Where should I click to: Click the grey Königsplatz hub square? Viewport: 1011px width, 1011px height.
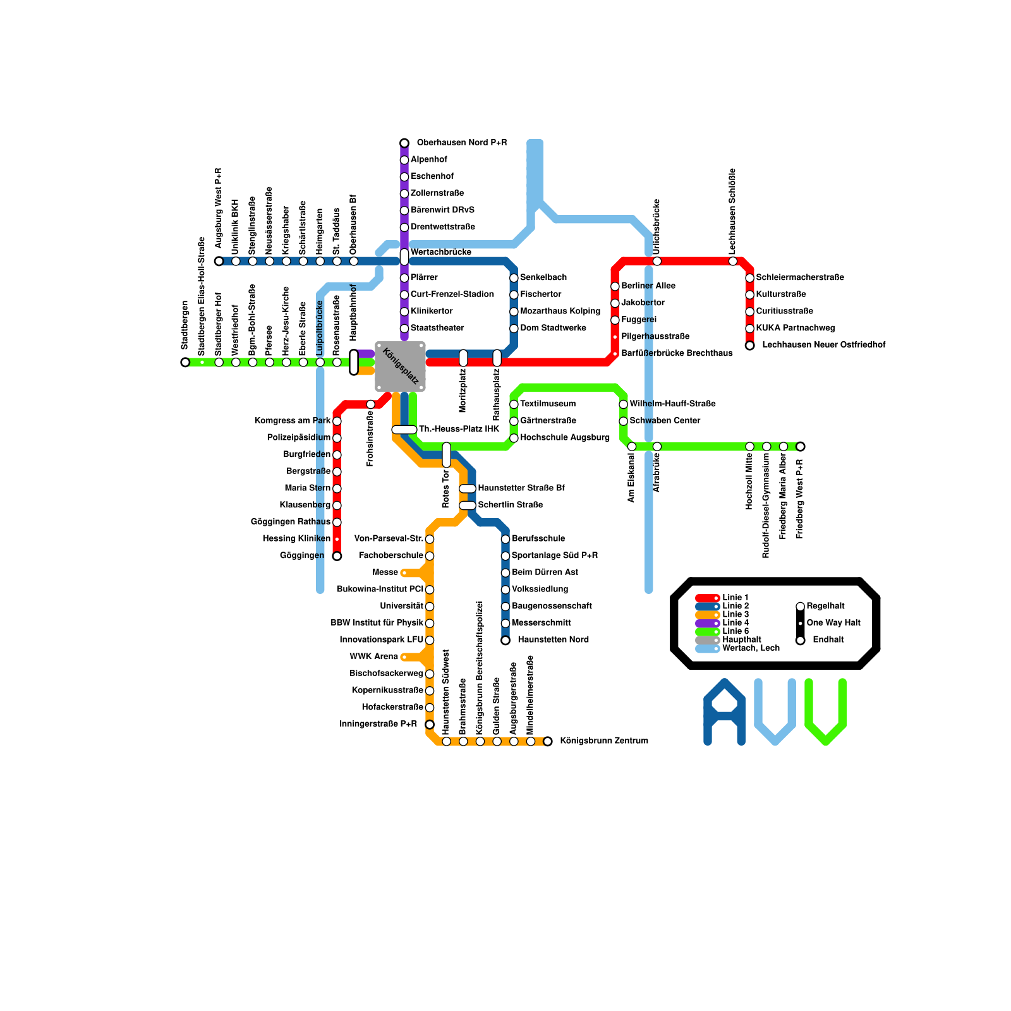point(400,366)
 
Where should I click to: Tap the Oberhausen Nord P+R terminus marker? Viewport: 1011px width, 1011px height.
point(404,143)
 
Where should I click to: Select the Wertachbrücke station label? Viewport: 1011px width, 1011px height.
point(440,253)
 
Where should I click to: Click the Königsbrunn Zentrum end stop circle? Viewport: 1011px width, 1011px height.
point(548,741)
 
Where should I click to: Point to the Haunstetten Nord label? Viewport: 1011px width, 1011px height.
point(553,640)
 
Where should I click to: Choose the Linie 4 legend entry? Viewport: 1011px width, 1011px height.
point(736,623)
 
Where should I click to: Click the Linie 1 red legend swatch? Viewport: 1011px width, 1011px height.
point(707,598)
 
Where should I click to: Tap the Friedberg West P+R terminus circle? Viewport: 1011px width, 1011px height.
point(801,447)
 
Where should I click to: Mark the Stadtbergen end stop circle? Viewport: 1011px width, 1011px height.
point(185,362)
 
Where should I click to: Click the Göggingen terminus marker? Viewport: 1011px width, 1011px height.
point(337,556)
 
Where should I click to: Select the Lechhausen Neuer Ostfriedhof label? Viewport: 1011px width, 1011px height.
point(823,345)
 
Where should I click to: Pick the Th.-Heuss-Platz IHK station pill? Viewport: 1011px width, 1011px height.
point(404,430)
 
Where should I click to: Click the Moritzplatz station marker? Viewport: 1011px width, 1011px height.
point(463,358)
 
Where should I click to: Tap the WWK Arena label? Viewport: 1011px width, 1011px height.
point(374,657)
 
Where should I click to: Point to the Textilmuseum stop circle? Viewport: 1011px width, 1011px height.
point(514,404)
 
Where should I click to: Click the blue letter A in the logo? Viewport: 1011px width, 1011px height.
point(725,712)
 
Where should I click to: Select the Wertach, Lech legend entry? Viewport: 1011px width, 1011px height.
point(751,648)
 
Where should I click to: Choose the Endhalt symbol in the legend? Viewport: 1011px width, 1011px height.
point(801,640)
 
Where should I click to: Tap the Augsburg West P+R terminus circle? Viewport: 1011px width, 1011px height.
point(219,261)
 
